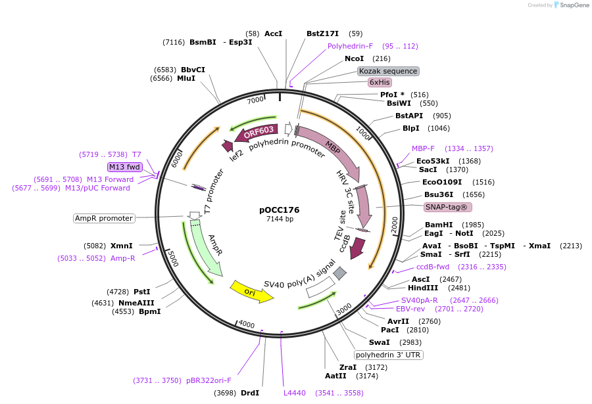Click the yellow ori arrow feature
click(251, 292)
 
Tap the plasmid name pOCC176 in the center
click(279, 210)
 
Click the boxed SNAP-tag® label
click(448, 207)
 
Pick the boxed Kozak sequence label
click(388, 71)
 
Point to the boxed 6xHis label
click(380, 82)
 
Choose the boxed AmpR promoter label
click(105, 218)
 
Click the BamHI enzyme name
click(438, 225)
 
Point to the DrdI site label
click(250, 393)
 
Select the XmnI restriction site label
click(121, 246)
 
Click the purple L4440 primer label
click(294, 393)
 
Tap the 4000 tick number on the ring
click(247, 325)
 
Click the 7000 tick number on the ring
click(255, 100)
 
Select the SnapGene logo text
click(572, 5)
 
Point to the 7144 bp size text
click(280, 219)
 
